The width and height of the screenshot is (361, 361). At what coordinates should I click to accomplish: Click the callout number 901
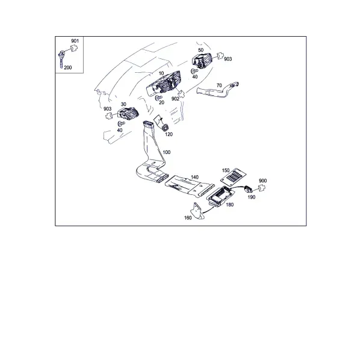pos(75,41)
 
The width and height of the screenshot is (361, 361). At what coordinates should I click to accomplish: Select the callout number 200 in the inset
pos(68,67)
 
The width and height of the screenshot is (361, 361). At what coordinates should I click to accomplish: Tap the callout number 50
pos(201,50)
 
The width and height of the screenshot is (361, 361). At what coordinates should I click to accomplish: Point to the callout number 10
pos(161,73)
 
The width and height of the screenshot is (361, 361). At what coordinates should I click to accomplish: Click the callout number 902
pos(176,99)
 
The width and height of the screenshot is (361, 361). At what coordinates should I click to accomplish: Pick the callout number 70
pos(219,85)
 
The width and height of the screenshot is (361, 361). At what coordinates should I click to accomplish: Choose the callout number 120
pos(168,134)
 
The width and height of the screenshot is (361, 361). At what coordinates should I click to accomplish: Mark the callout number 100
pos(167,152)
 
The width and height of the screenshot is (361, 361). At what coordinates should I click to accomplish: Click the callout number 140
pos(194,177)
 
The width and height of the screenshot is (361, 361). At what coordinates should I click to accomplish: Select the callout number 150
pos(226,170)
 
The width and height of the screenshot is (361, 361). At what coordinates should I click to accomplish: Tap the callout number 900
pos(263,180)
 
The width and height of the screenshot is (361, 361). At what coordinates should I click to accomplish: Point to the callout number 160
pos(188,218)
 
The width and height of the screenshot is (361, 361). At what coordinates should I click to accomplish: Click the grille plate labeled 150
pos(233,176)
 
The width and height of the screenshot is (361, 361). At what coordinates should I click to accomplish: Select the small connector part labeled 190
pos(248,189)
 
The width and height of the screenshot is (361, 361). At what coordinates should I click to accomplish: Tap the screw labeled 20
pos(158,97)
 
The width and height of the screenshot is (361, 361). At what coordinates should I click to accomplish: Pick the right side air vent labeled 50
pos(202,60)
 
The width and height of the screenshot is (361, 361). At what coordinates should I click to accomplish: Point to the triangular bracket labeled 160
pos(197,211)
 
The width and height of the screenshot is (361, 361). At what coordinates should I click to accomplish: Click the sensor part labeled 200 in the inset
pos(61,59)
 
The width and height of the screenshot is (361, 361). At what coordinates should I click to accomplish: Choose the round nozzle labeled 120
pos(165,128)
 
